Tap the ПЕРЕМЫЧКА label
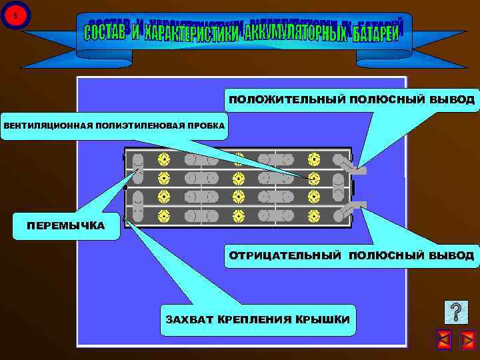[x=65, y=225]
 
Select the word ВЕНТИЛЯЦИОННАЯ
[x=41, y=125]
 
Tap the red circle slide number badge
[x=15, y=15]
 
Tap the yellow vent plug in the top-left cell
[x=163, y=160]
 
